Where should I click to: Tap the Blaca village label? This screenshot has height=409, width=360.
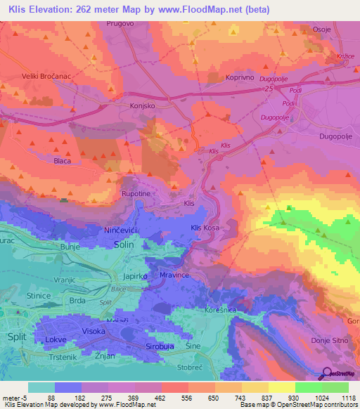tap(63, 161)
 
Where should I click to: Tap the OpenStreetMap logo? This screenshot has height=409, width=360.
tap(339, 374)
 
